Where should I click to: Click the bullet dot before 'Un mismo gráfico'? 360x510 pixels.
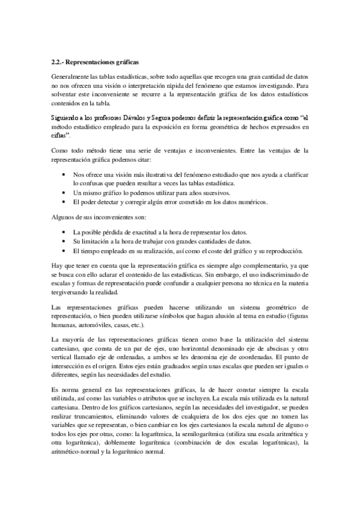click(x=65, y=192)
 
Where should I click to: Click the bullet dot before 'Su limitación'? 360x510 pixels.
click(x=65, y=241)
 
